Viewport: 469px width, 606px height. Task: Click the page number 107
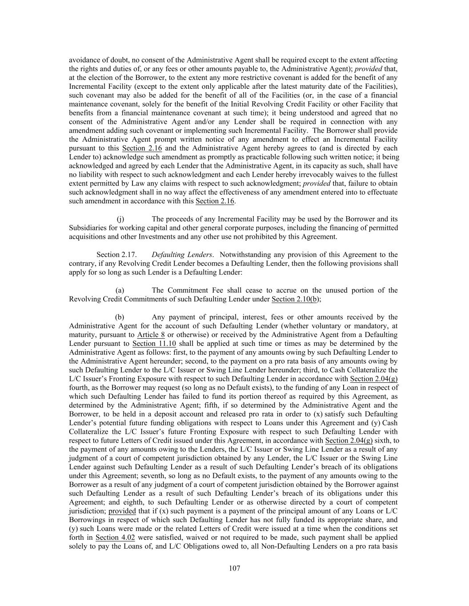(234, 568)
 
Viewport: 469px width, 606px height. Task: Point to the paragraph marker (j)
(120, 219)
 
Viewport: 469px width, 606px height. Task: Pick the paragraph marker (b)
(120, 317)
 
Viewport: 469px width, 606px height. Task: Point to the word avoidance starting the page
(85, 60)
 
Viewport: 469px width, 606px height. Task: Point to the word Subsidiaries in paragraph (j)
(88, 228)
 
